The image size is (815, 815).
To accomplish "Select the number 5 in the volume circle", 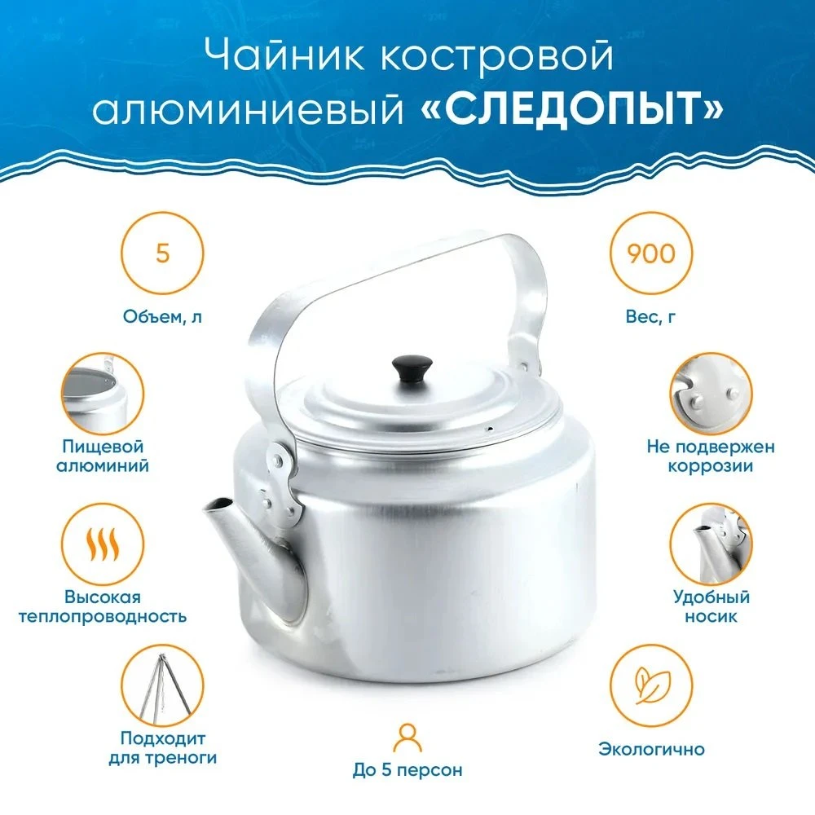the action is (x=163, y=253).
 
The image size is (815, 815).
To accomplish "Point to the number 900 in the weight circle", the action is (x=650, y=253).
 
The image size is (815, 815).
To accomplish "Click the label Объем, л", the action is (x=163, y=316).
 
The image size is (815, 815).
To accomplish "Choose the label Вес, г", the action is (x=650, y=316).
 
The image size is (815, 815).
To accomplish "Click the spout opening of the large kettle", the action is (x=218, y=504).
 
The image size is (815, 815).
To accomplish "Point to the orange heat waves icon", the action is (x=103, y=544).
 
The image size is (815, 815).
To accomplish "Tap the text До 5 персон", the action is (x=407, y=770).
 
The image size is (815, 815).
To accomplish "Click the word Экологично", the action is (x=651, y=749).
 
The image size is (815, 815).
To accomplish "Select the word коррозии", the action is (x=711, y=465).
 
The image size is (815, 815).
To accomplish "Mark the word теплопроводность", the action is (x=103, y=617).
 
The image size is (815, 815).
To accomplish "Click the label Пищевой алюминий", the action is (x=103, y=456).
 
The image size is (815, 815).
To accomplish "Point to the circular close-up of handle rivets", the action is (x=711, y=394).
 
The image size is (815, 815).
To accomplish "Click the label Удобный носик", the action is (x=711, y=606).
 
